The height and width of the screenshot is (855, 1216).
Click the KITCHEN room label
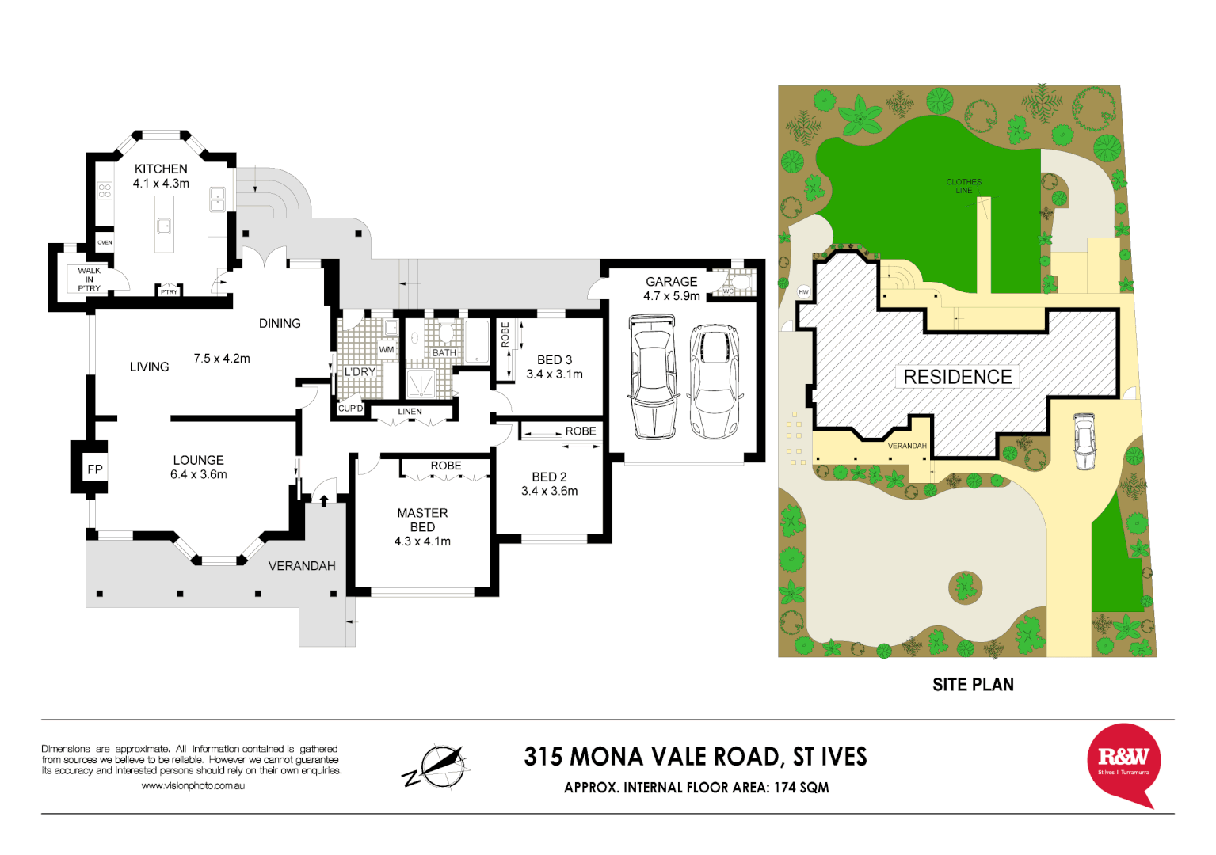tap(161, 169)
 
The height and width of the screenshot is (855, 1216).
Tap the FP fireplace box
tap(95, 469)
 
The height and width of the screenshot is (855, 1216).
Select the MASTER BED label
tap(422, 520)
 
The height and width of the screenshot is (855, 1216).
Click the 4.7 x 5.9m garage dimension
tap(672, 296)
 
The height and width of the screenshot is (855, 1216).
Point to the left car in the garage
tap(653, 377)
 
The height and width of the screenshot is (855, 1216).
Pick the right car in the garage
tap(715, 381)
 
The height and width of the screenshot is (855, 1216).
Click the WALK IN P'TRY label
tap(89, 279)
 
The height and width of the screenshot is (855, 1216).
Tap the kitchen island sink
tap(164, 226)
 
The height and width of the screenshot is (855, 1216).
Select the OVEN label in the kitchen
tap(105, 242)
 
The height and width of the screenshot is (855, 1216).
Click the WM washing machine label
tap(387, 349)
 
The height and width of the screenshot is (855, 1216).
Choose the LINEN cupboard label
tap(410, 412)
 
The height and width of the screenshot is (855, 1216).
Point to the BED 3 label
tap(555, 359)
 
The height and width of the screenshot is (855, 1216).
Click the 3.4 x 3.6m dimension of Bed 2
tap(549, 491)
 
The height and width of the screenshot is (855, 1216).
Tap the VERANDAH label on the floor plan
tap(302, 566)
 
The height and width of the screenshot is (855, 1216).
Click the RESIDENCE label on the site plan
tap(958, 377)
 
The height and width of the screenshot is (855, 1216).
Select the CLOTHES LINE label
tap(964, 186)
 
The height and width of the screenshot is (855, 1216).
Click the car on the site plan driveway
tap(1084, 442)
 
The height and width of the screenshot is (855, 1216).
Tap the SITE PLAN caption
tap(973, 685)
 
